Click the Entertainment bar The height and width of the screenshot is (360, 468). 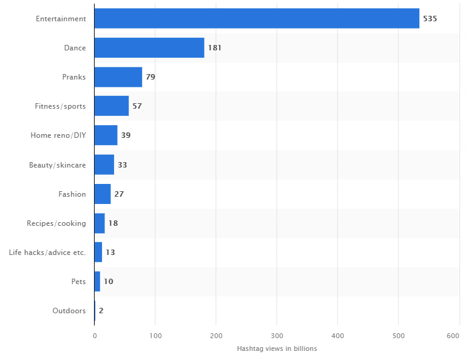coord(257,18)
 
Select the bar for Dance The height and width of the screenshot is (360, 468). coord(149,48)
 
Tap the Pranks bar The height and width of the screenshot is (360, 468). coord(118,77)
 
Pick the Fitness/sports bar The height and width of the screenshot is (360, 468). coord(112,106)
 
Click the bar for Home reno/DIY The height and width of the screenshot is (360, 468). coord(106,135)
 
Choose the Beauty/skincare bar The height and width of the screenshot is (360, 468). coord(104,165)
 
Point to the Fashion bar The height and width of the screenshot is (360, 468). coord(102,194)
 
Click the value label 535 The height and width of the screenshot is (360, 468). coord(430,19)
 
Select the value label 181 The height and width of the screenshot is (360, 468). coord(215,48)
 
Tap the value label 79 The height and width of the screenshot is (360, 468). coord(151,77)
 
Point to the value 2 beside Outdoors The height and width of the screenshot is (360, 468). coord(101,311)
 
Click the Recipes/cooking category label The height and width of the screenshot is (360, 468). coord(56,223)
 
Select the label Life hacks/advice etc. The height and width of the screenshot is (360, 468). coord(47,253)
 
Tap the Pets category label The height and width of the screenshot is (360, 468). coord(78,282)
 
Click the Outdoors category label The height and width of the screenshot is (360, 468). coord(69,311)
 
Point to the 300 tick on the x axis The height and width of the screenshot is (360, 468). coord(277,335)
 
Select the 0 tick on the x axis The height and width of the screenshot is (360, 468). coord(95,335)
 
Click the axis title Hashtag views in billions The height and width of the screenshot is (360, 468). coord(277,348)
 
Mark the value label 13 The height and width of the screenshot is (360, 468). coord(110,253)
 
